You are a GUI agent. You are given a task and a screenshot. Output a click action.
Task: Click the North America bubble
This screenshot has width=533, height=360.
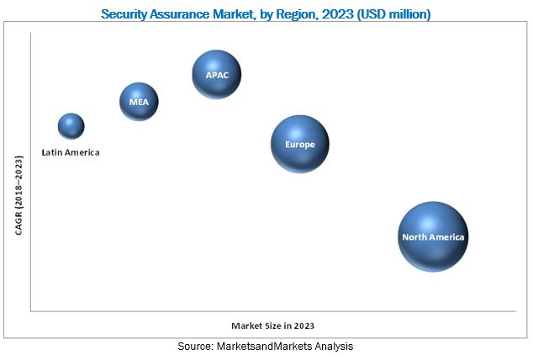432,236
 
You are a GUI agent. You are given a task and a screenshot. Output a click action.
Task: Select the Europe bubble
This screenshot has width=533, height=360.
299,144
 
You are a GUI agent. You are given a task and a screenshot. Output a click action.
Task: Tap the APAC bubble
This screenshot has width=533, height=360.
217,74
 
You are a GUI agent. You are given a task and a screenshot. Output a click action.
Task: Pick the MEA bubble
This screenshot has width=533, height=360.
139,103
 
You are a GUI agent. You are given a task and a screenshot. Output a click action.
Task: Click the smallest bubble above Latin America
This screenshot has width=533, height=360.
71,126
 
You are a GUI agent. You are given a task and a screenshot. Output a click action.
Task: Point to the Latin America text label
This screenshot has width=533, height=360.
71,152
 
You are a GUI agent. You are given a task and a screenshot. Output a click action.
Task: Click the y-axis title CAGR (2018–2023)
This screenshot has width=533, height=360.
18,194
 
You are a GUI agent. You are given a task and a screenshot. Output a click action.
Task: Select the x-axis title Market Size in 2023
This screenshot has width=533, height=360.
278,325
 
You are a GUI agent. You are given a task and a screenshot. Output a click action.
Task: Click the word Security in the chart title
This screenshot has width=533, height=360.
126,13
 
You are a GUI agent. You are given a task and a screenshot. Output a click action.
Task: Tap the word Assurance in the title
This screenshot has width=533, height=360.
187,13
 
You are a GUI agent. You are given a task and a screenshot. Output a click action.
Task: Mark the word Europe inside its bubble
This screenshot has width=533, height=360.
299,145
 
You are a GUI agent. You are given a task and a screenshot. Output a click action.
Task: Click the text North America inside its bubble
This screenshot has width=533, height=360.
432,237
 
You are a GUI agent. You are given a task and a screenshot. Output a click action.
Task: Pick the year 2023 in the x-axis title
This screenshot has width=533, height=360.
314,325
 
